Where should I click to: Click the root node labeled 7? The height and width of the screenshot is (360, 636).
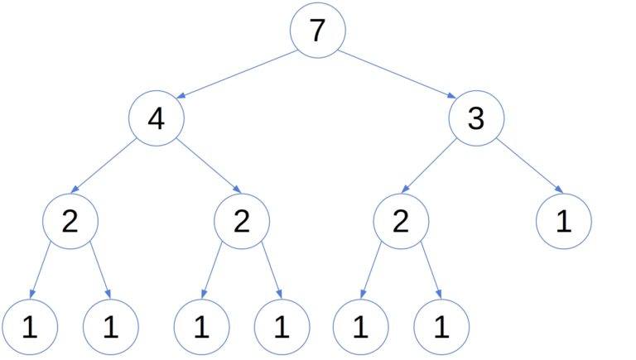[317, 31]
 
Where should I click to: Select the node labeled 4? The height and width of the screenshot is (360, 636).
[156, 119]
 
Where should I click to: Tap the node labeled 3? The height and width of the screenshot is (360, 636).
[476, 119]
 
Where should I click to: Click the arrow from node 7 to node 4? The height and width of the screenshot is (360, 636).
[236, 74]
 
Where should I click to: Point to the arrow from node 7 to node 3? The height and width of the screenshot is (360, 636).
[397, 74]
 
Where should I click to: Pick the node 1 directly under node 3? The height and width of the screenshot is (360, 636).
[563, 222]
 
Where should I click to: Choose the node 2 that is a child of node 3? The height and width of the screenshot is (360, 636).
[400, 222]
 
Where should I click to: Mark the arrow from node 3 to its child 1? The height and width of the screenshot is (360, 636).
[530, 169]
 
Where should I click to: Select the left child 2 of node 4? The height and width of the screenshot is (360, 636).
[70, 222]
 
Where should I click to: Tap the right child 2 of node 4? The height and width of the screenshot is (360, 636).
[241, 222]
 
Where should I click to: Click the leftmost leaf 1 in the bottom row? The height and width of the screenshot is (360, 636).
[30, 328]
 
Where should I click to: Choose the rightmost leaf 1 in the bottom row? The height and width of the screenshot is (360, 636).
[441, 328]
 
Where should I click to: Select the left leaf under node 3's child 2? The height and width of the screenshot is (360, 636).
[360, 328]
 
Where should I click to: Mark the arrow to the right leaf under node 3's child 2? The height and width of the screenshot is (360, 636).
[428, 273]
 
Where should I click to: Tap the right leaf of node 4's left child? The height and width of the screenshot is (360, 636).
[111, 328]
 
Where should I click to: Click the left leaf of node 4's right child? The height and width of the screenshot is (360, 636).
[200, 328]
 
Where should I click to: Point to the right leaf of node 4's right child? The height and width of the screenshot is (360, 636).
[282, 328]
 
